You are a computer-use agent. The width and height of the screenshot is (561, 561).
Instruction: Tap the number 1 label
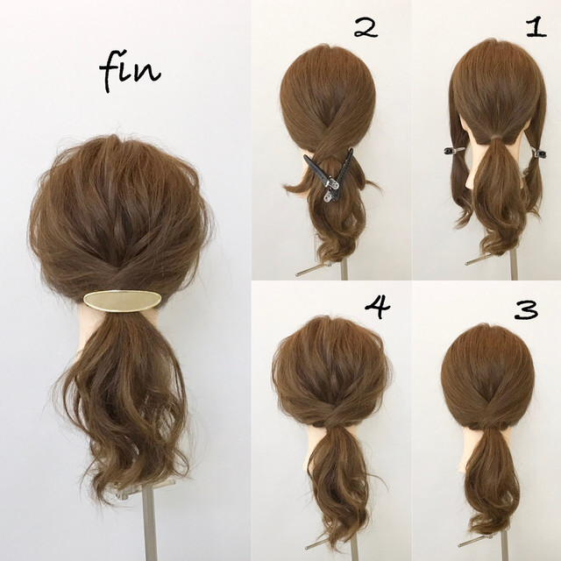coord(536,28)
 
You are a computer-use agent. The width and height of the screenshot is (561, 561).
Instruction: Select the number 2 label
coord(366,29)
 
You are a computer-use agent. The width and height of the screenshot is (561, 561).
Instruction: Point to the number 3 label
coord(526,309)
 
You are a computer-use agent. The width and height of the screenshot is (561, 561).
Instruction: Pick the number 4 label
coord(378,308)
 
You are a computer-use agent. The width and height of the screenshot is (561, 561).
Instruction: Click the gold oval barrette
coord(122,301)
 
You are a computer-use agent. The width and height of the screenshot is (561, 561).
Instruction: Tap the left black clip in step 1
coord(454,151)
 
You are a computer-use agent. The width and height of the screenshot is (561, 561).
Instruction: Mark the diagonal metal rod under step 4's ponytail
coord(323,552)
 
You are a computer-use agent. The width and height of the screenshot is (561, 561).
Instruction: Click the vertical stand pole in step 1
coord(514,265)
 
